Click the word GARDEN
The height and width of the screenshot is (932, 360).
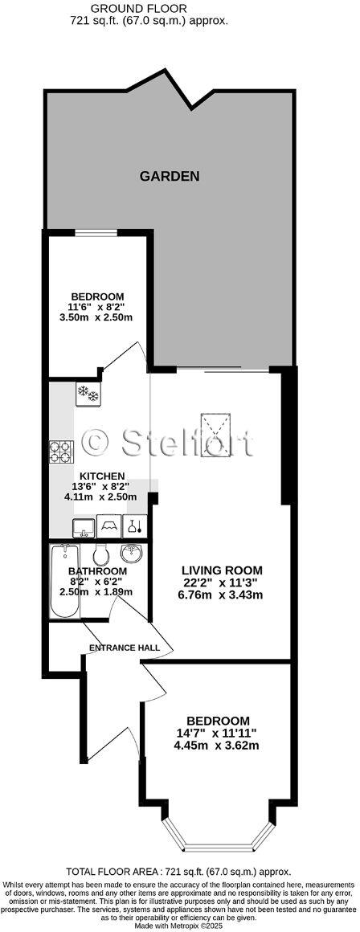(169, 177)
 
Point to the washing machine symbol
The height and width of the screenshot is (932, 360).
(108, 526)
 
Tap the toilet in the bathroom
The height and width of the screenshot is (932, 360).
(101, 554)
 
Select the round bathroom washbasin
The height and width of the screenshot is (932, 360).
(130, 554)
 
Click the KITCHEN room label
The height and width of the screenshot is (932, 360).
(101, 476)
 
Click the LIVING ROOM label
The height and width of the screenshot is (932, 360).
(221, 570)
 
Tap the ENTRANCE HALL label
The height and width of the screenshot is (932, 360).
(124, 648)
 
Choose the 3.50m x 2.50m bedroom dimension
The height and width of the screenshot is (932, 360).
(96, 317)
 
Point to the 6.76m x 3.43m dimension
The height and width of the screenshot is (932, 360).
(221, 595)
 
